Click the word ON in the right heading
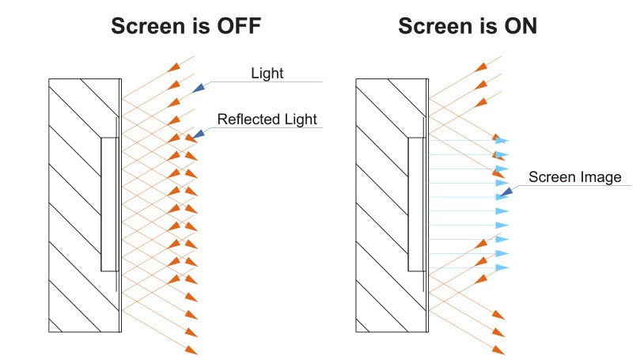pyautogui.click(x=519, y=26)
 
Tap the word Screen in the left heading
pyautogui.click(x=150, y=26)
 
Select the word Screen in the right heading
pyautogui.click(x=437, y=26)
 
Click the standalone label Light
pyautogui.click(x=267, y=74)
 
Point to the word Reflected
pyautogui.click(x=248, y=120)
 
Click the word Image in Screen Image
pyautogui.click(x=601, y=177)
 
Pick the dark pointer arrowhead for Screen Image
pyautogui.click(x=505, y=191)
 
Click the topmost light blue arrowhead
pyautogui.click(x=501, y=140)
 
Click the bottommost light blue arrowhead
pyautogui.click(x=501, y=268)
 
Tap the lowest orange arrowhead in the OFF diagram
pyautogui.click(x=191, y=349)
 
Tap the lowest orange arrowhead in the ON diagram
pyautogui.click(x=498, y=349)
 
